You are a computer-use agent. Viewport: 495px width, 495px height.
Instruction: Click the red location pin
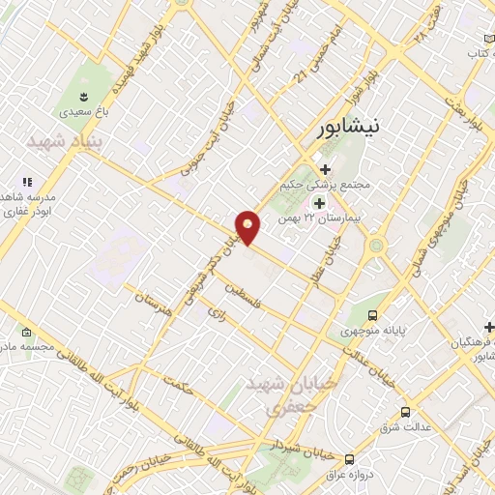[x=248, y=227]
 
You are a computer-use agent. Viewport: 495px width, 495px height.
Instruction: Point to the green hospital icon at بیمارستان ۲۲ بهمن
[x=319, y=203]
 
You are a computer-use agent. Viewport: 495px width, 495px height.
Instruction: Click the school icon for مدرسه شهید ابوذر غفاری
[x=27, y=182]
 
